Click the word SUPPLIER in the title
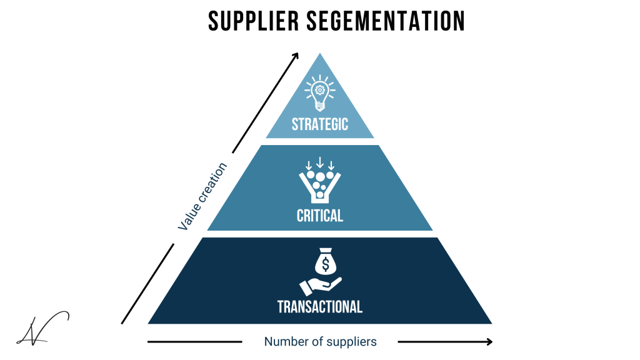click(x=246, y=21)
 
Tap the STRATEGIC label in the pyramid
click(x=320, y=124)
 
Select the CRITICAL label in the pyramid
click(x=320, y=216)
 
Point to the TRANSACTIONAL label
click(x=320, y=307)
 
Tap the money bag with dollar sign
click(x=325, y=263)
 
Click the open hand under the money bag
click(x=319, y=286)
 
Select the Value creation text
click(x=202, y=196)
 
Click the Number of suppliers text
click(x=320, y=342)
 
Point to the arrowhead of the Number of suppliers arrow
click(x=488, y=342)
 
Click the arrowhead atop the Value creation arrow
click(x=296, y=56)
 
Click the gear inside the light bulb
click(x=320, y=89)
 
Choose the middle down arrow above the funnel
click(x=320, y=164)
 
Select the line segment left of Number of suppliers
click(x=194, y=342)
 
